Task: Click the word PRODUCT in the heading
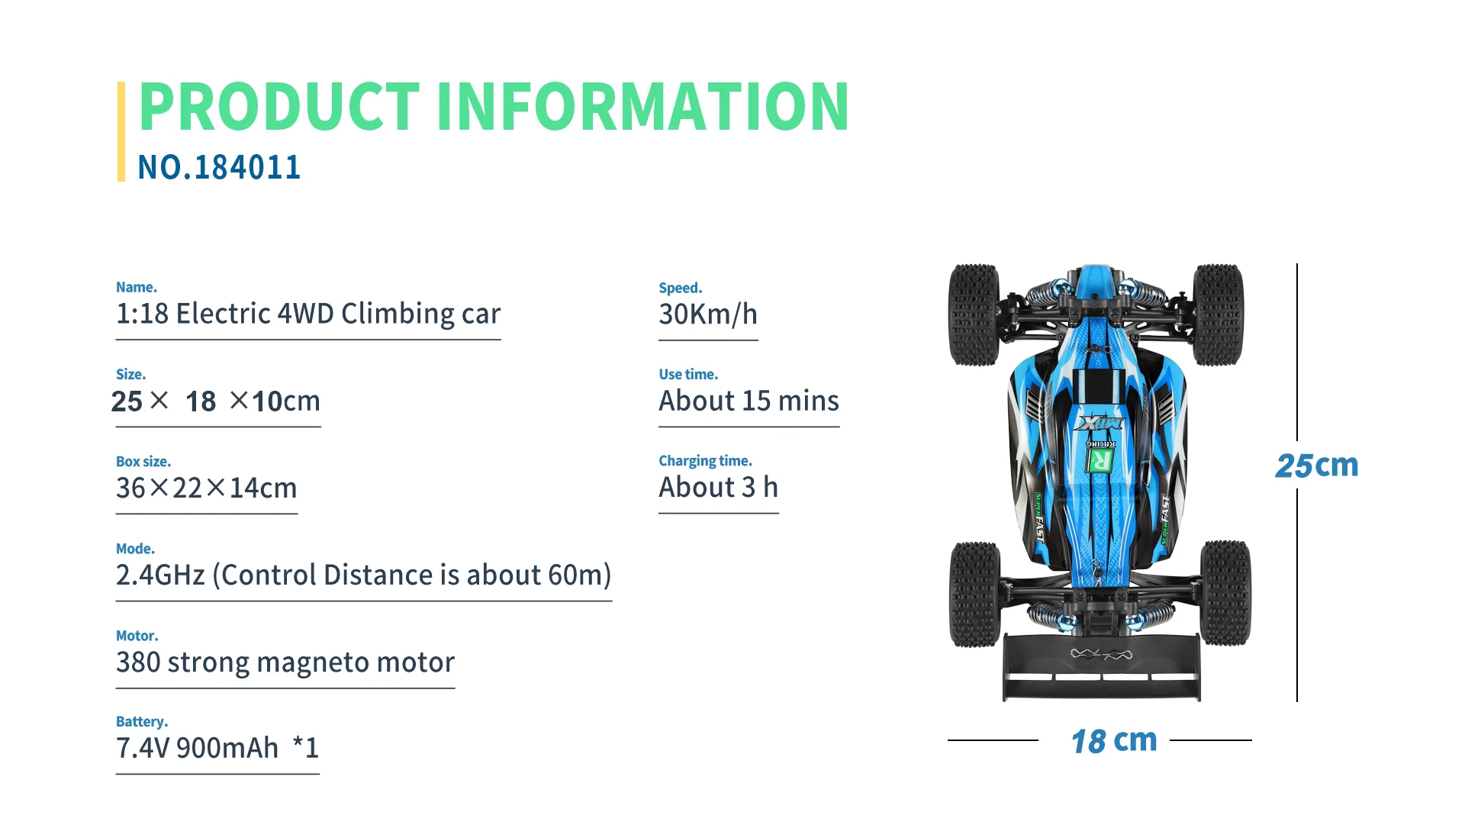click(x=279, y=107)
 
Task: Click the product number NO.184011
click(x=219, y=168)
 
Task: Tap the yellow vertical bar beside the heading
click(x=121, y=131)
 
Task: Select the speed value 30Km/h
click(x=707, y=314)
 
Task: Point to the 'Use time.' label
click(x=688, y=375)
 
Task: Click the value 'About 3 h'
click(x=718, y=488)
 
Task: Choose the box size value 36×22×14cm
click(x=206, y=488)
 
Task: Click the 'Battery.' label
click(x=142, y=722)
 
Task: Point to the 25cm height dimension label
click(x=1316, y=466)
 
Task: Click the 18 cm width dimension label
click(x=1113, y=741)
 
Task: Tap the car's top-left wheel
click(x=974, y=314)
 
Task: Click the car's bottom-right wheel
click(x=1225, y=593)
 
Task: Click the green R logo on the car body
click(x=1100, y=460)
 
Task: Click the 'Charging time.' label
click(x=705, y=461)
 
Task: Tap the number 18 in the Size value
click(x=201, y=402)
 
